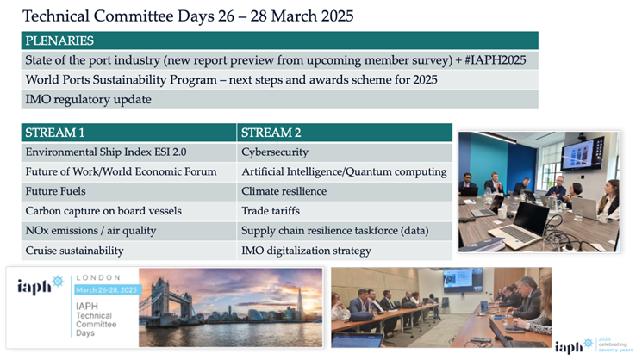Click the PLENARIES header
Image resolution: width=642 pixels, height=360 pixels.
(x=280, y=40)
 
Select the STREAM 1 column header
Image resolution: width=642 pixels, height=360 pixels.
(x=128, y=133)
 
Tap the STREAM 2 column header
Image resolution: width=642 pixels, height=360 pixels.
(x=345, y=133)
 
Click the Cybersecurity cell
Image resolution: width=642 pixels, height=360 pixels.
(x=345, y=152)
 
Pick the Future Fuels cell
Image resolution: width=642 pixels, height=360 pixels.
(x=128, y=191)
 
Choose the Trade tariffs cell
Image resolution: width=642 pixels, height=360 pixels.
(x=345, y=211)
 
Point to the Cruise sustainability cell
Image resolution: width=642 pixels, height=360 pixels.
(x=128, y=251)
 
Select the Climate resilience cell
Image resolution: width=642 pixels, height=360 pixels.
(x=345, y=191)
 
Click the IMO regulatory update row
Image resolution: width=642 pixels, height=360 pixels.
(x=280, y=99)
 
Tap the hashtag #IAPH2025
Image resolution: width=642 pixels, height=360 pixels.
(x=496, y=60)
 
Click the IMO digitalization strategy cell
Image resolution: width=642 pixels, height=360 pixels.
(x=345, y=251)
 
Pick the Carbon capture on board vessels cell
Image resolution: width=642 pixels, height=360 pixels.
(x=128, y=211)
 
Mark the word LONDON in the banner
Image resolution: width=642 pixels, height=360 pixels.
(x=98, y=278)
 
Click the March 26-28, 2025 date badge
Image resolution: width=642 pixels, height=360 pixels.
(x=107, y=290)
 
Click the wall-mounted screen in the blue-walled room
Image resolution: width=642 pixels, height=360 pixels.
(x=583, y=152)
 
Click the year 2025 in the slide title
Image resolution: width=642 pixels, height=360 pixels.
(x=338, y=16)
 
